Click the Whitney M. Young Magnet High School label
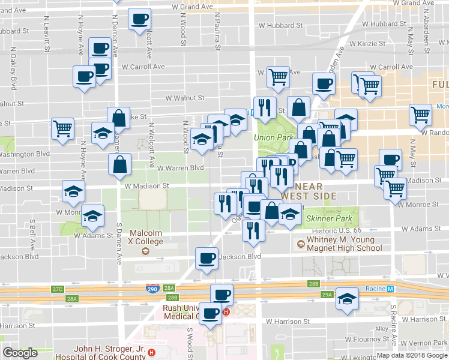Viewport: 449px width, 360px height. (x=344, y=244)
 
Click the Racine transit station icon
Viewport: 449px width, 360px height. (x=391, y=289)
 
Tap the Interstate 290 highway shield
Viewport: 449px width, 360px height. (x=153, y=289)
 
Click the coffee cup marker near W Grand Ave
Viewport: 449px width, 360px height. (x=140, y=20)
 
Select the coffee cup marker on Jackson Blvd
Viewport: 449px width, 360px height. (x=207, y=258)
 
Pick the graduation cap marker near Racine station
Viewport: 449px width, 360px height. (x=347, y=298)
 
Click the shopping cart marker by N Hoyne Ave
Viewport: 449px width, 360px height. (x=62, y=128)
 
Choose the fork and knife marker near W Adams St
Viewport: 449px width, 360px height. (x=253, y=229)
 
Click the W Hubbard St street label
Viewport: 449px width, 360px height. (x=280, y=26)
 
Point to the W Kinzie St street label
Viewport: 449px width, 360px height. (x=363, y=44)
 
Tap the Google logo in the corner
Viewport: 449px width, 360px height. (x=20, y=353)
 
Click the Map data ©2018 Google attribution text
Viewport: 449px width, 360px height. (x=412, y=355)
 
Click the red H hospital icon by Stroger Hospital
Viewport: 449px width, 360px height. (x=151, y=352)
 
